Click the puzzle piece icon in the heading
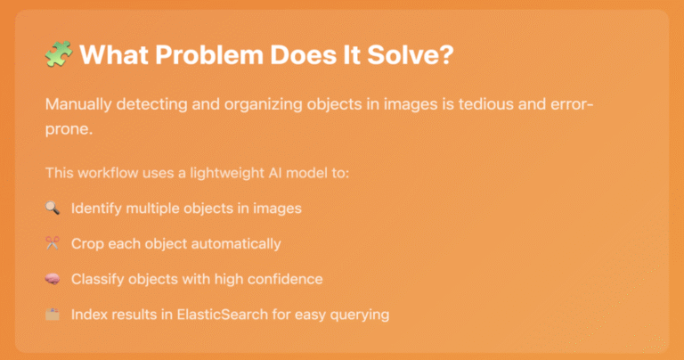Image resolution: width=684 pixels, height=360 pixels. tap(59, 54)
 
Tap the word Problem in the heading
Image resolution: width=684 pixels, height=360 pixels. tap(209, 55)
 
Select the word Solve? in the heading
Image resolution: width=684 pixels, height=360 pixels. tap(411, 55)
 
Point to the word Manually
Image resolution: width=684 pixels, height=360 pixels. tap(78, 105)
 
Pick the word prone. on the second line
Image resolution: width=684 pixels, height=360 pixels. tap(69, 129)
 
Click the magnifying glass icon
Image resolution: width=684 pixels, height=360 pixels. tap(53, 208)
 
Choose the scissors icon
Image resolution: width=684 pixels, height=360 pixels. tap(53, 243)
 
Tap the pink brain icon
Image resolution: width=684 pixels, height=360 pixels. tap(53, 279)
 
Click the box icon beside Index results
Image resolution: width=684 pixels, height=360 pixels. tap(53, 315)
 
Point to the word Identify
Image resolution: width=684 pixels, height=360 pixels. tap(96, 209)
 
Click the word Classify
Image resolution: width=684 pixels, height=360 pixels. tap(98, 279)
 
